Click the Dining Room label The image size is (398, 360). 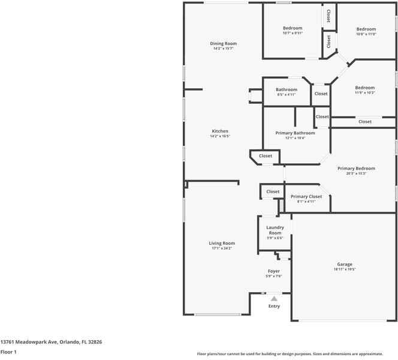point(224,44)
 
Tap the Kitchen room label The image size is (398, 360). point(220,131)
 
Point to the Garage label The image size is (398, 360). point(345,264)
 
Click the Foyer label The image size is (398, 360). point(274,271)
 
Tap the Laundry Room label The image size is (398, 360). point(275,230)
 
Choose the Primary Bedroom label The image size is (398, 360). point(356,169)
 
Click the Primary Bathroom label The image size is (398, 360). point(295,133)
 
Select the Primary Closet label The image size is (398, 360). point(306,196)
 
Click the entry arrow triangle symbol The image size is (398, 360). point(274,298)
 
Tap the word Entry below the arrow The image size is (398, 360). point(274,306)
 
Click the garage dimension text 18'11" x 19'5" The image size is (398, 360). point(345,269)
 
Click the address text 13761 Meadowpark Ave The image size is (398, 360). point(51,341)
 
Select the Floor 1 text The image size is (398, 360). point(8,352)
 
